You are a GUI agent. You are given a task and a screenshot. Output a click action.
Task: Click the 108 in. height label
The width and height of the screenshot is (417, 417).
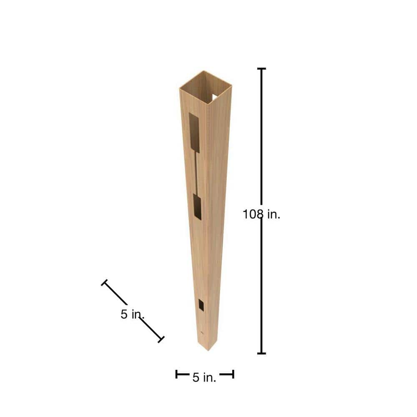tap(261, 214)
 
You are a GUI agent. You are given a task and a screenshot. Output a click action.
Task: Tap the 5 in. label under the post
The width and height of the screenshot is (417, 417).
tap(204, 377)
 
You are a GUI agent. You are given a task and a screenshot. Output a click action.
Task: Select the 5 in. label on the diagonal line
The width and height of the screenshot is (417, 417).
tap(132, 314)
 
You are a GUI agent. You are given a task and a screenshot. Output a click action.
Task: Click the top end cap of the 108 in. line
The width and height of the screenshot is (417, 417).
tap(261, 69)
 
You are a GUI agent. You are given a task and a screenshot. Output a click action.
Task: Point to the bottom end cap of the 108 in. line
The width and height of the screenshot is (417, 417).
tap(261, 354)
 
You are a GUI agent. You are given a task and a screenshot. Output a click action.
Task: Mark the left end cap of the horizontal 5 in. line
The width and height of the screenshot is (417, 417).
tap(176, 374)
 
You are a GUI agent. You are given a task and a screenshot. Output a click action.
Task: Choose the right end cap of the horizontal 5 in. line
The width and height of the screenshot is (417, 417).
tap(233, 374)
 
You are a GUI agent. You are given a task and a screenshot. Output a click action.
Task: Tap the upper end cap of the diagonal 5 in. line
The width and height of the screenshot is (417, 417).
tap(104, 282)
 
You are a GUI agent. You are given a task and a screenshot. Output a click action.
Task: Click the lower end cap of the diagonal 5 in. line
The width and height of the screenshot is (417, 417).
tap(161, 339)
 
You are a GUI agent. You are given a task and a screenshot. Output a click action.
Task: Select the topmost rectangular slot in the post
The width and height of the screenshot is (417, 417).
tap(194, 133)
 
